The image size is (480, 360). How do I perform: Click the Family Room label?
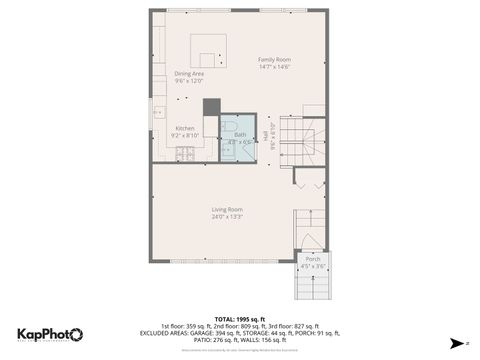274,59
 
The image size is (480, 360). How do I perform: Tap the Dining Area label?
189,74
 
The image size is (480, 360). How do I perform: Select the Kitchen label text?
186,128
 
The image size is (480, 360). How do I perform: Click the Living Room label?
227,208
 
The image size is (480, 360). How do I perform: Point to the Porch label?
313,259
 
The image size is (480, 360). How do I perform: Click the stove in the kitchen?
185,153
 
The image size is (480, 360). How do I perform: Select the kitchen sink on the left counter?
158,113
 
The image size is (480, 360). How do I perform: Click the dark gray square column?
211,107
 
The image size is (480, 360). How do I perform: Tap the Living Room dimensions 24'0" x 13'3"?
227,216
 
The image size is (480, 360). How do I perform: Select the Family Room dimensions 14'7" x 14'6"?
274,67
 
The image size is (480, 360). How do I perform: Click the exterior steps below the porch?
313,287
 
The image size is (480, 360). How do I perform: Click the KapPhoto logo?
50,334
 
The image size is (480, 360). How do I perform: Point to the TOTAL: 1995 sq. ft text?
239,318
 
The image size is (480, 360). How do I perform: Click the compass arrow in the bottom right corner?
455,342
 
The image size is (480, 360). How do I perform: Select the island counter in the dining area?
209,49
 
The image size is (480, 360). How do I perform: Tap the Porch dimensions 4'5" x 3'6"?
313,266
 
